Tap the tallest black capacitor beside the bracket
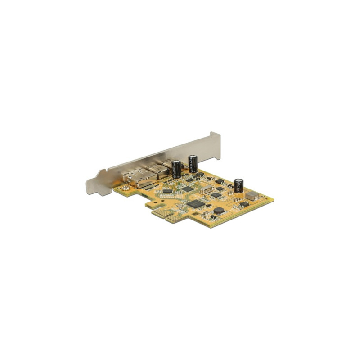point(193,163)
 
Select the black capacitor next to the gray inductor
point(238,185)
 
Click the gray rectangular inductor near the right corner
point(252,195)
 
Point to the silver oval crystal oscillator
point(207,189)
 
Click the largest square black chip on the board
point(196,203)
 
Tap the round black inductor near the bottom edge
point(219,210)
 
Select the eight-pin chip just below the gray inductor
point(243,205)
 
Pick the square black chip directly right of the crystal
point(217,195)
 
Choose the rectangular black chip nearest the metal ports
point(167,191)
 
